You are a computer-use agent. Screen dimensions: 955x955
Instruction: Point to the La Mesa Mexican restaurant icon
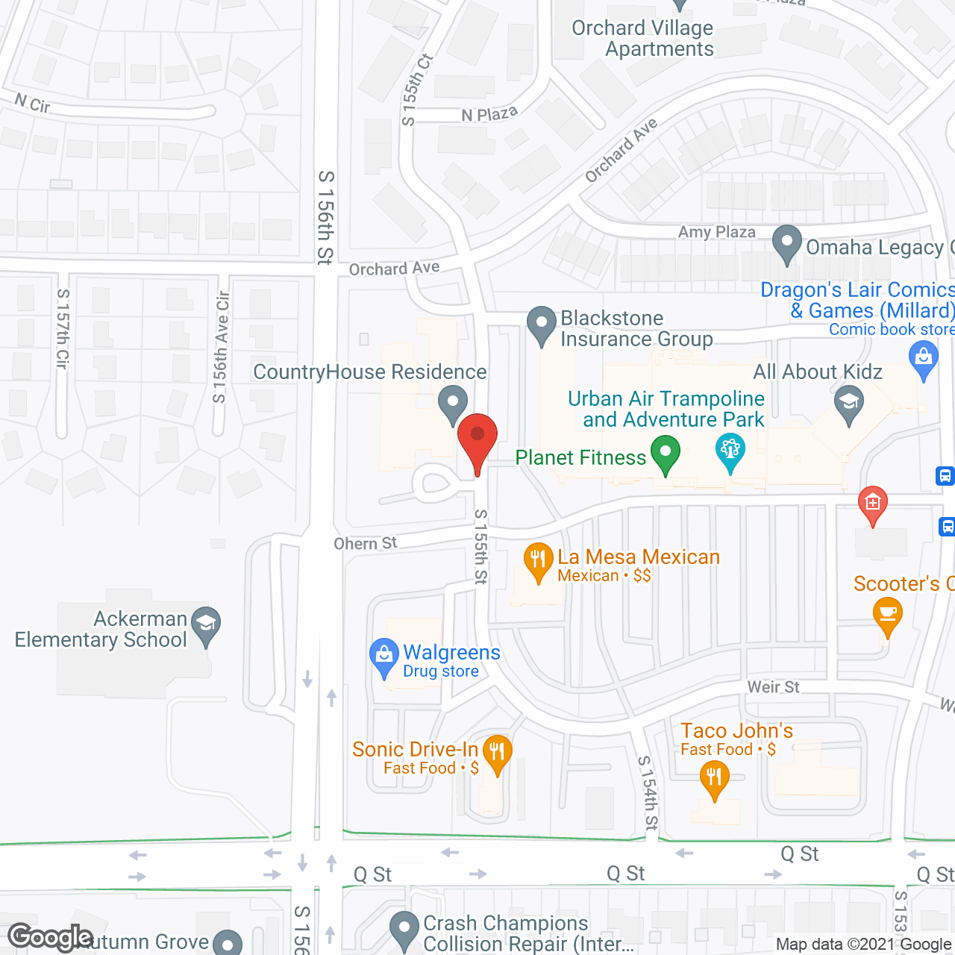pos(537,561)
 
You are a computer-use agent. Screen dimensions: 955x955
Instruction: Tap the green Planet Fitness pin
pos(665,454)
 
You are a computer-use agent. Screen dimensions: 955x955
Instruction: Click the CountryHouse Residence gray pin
pos(452,404)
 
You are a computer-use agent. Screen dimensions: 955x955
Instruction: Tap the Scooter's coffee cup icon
pos(887,615)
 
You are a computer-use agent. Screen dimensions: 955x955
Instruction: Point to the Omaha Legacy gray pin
pos(786,243)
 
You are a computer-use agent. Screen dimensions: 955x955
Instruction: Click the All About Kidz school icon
pos(848,404)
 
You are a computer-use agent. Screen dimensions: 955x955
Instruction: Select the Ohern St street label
pos(366,543)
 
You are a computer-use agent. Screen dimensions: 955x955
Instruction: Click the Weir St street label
pos(773,686)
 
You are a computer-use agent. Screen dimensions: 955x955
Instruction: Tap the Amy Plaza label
pos(716,232)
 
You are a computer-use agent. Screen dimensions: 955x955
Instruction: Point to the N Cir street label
pos(33,104)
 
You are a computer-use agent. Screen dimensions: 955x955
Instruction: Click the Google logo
pos(51,937)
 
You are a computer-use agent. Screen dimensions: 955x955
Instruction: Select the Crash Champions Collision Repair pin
pos(404,930)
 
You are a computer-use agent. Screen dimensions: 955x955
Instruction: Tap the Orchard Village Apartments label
pos(643,39)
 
